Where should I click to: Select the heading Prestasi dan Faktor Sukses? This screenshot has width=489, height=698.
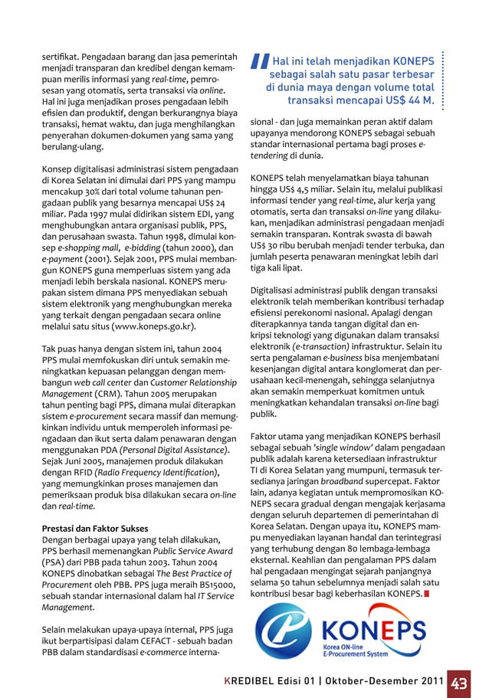coord(94,529)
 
